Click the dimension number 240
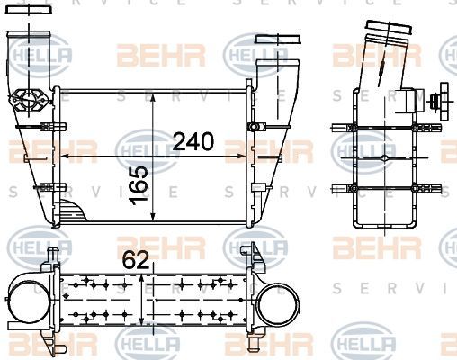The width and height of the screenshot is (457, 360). (x=193, y=141)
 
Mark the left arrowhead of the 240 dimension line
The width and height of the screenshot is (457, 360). (x=60, y=157)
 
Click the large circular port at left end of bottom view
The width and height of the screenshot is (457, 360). (x=24, y=302)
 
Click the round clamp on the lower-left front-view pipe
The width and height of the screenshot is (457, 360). (x=32, y=100)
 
